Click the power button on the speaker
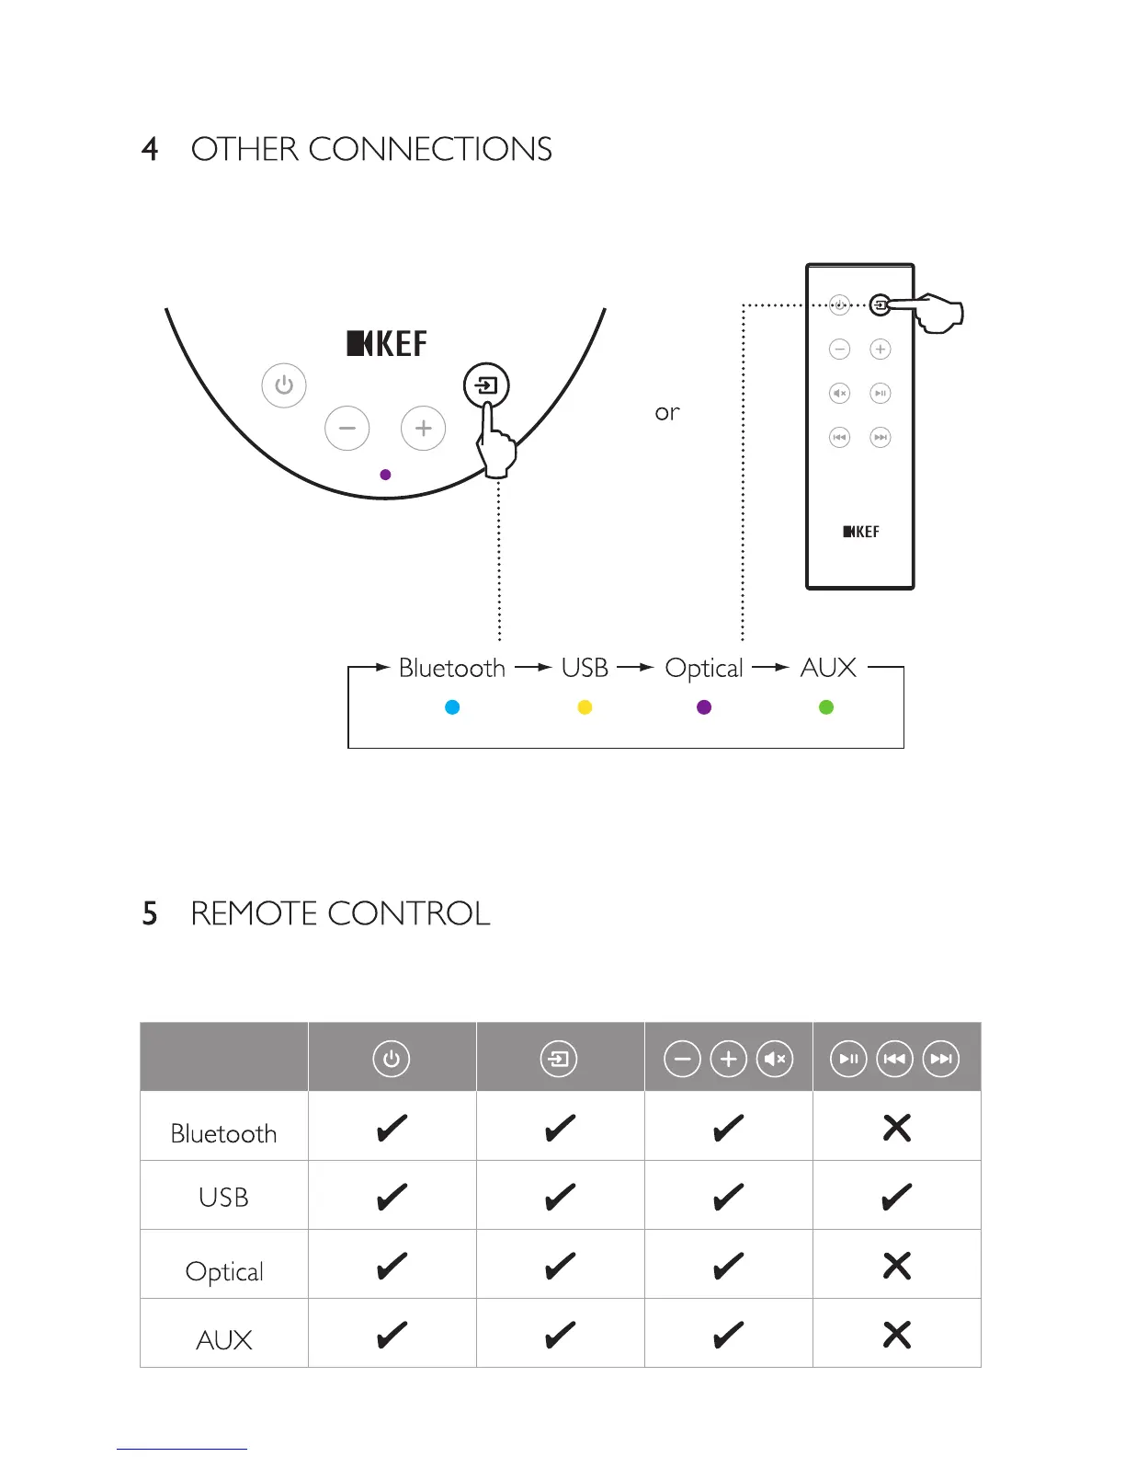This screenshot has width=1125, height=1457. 284,385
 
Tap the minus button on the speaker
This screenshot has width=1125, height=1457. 347,429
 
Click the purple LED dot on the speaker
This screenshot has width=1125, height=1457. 386,475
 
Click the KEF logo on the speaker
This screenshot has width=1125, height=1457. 387,344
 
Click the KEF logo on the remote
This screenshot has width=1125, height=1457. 861,532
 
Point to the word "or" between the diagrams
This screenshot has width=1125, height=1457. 667,413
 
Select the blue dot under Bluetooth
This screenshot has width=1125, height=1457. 452,707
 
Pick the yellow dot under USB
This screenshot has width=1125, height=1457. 585,707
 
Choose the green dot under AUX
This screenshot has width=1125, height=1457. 826,707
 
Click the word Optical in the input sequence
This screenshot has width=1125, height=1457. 704,669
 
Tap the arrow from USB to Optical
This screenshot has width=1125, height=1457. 635,668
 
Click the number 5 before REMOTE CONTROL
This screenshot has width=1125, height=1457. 150,914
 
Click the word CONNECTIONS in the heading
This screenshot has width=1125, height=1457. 430,149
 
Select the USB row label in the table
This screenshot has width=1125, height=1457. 223,1198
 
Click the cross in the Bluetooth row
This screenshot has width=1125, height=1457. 897,1128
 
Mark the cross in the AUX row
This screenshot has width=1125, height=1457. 897,1335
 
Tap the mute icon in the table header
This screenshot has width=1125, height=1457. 775,1059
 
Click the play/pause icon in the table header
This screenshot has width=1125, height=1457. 848,1059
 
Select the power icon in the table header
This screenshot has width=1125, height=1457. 392,1059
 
